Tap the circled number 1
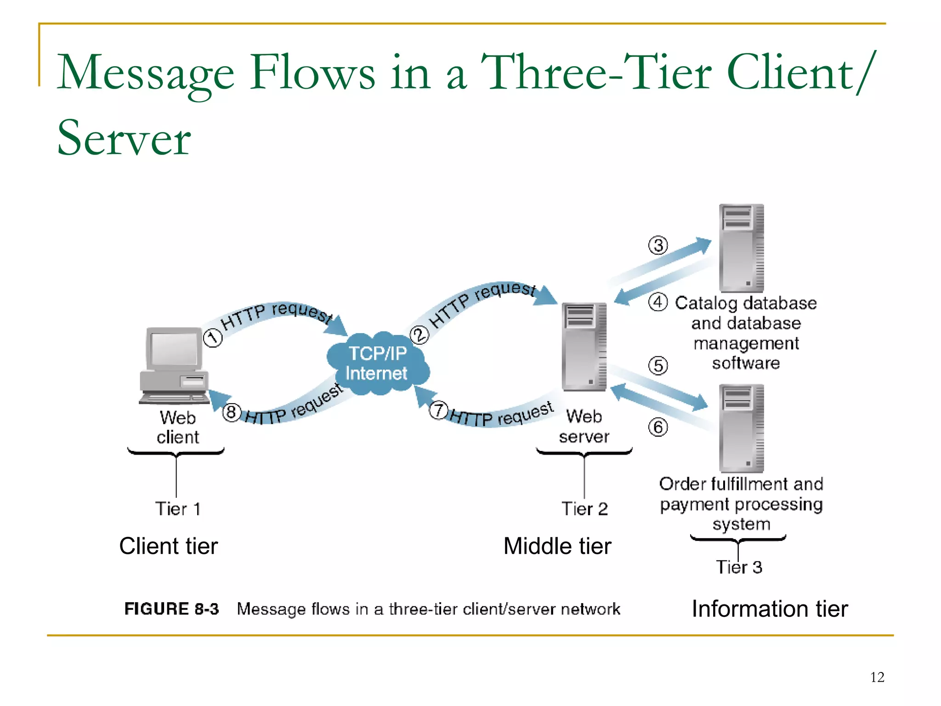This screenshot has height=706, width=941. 213,338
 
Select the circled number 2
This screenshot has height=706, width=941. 419,335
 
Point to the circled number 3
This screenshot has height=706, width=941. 658,245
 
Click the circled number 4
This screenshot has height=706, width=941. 658,302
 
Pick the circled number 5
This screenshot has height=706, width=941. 658,366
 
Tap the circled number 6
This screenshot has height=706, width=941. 658,427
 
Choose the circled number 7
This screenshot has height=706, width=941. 439,410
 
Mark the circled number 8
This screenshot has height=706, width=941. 232,412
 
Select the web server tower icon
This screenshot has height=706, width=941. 584,347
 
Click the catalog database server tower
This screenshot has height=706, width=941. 741,248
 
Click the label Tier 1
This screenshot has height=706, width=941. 177,509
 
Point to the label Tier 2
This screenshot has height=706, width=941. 584,509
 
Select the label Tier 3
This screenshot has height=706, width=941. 739,567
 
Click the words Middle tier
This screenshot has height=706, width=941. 557,546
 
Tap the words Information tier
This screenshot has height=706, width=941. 770,609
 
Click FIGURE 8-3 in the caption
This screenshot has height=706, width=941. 171,609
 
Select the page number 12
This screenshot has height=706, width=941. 877,677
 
